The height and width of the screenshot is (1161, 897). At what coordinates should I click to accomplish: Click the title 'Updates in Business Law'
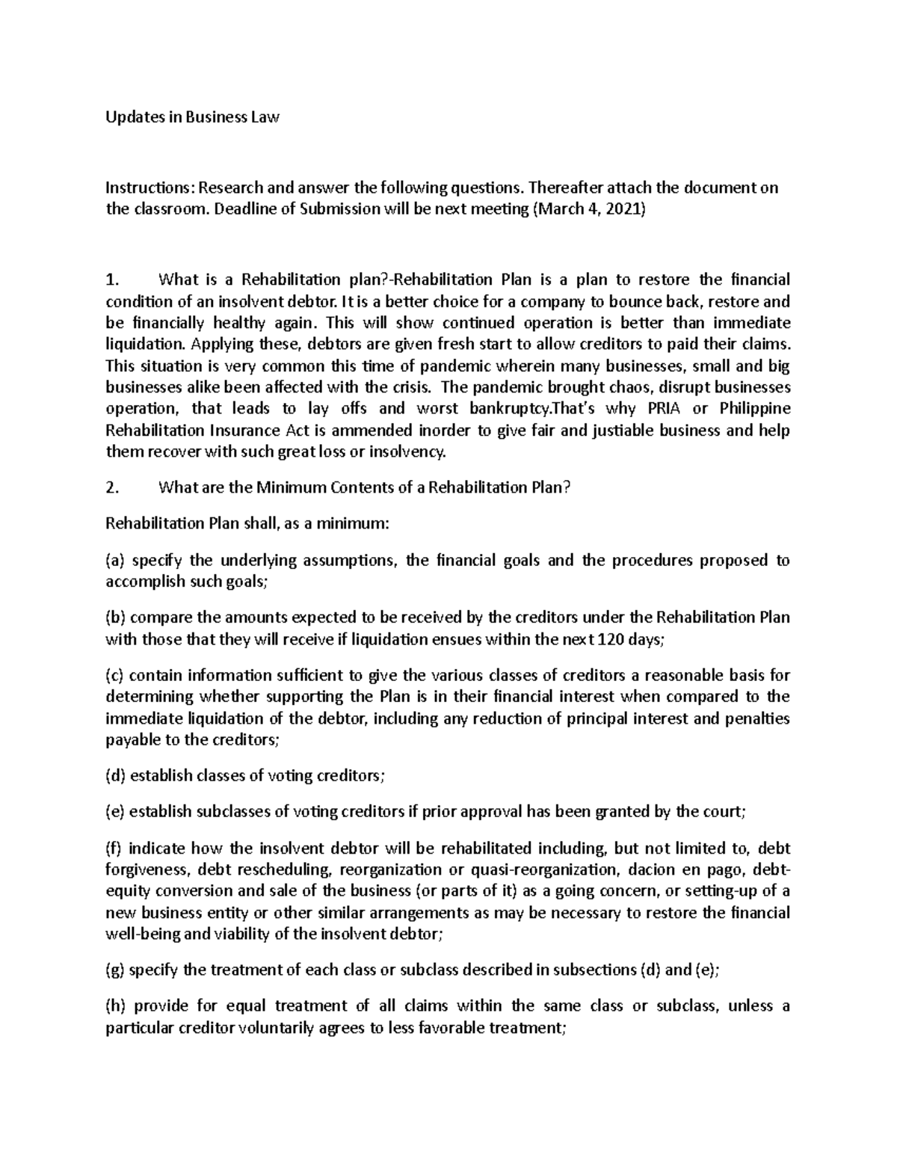(192, 117)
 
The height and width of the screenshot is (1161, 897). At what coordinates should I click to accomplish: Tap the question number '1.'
(112, 280)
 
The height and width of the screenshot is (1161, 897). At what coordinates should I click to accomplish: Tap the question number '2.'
(112, 487)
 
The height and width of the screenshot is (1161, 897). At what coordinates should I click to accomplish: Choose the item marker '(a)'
(115, 561)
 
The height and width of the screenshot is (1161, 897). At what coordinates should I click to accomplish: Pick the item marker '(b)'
(116, 618)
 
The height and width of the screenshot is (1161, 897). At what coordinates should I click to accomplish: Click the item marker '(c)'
(115, 675)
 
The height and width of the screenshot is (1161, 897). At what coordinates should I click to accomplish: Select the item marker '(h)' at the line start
(116, 1006)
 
